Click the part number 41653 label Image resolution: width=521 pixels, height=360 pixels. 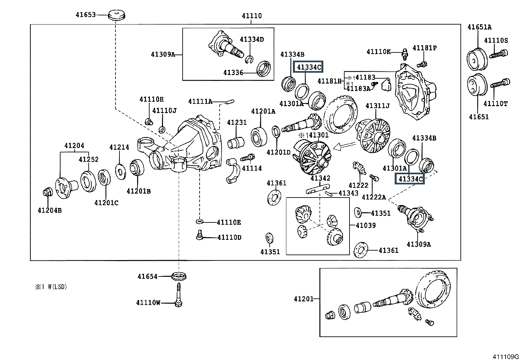point(85,15)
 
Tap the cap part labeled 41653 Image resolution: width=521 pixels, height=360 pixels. point(117,15)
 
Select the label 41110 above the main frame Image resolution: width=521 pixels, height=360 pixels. point(252,16)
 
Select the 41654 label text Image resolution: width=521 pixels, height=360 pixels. point(147,276)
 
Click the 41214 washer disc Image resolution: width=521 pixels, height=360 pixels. point(121,171)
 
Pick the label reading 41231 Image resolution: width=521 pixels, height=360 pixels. point(237,123)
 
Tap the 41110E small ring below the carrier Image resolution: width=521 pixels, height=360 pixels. point(199,222)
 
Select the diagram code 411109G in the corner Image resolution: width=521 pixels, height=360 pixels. point(506,356)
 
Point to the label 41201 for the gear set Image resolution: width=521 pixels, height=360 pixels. point(304,299)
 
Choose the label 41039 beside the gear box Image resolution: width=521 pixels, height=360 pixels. point(366,225)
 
